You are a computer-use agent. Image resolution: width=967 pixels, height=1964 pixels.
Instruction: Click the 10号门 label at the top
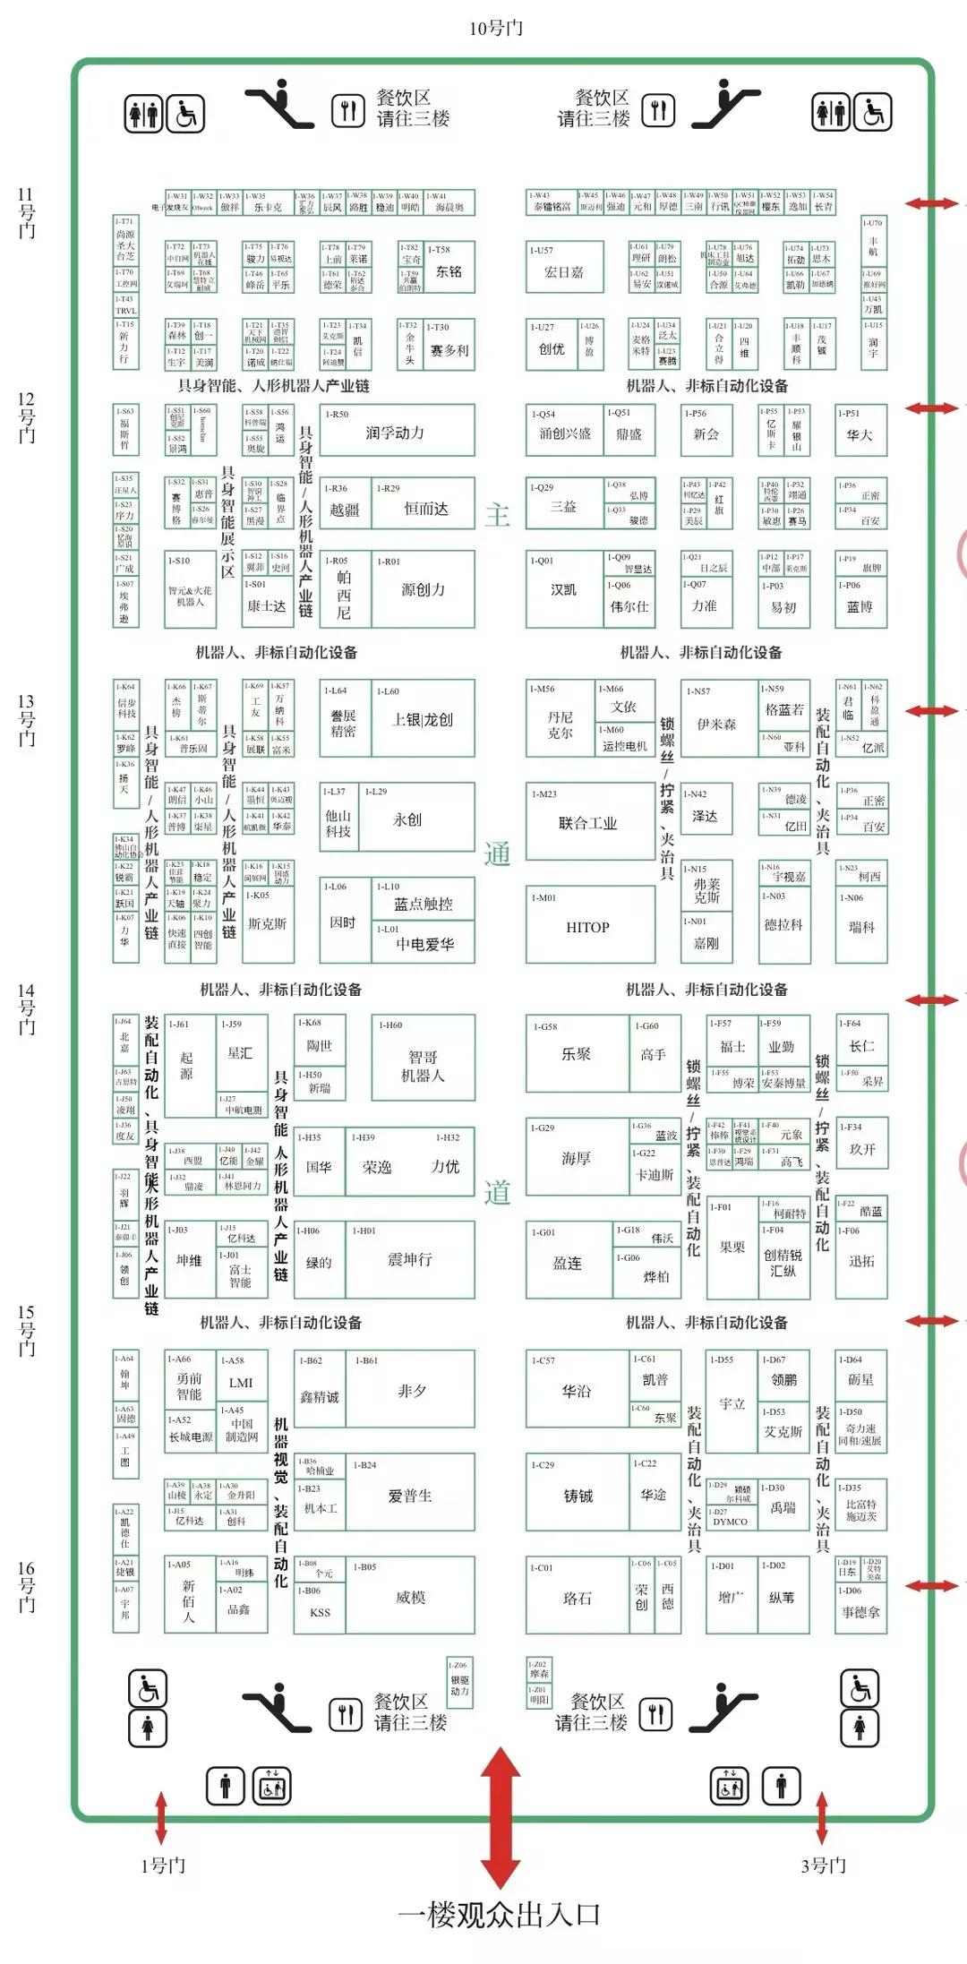point(495,29)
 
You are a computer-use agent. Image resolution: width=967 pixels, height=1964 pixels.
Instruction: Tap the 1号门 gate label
point(163,1865)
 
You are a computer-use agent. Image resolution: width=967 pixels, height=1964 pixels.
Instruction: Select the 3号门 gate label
point(823,1865)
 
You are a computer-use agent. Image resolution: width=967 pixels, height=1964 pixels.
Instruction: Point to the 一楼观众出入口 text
point(499,1914)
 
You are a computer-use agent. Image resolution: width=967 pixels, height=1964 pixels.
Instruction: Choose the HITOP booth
point(587,928)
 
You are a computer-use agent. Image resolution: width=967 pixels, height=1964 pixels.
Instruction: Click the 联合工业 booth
point(587,823)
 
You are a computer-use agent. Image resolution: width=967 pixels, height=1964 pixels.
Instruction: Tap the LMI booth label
point(241,1383)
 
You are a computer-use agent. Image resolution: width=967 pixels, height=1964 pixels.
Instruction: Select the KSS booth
point(320,1612)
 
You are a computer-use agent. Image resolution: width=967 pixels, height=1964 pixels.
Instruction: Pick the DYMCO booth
point(730,1522)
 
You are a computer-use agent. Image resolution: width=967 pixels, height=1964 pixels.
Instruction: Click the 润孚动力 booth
point(395,433)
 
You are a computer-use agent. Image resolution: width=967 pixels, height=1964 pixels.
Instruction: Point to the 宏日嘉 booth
point(564,271)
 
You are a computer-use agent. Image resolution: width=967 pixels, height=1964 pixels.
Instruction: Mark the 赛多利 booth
point(449,350)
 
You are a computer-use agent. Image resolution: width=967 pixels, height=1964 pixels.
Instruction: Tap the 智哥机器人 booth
point(423,1066)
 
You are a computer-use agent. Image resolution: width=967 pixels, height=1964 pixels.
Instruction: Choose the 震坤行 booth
point(410,1259)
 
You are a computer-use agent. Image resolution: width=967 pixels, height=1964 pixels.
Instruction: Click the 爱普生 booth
point(410,1496)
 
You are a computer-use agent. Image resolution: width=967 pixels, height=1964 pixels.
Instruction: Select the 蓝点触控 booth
point(424,905)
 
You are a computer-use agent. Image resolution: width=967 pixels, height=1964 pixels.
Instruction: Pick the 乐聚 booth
point(576,1054)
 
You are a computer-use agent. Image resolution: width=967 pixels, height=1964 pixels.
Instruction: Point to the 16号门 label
point(27,1586)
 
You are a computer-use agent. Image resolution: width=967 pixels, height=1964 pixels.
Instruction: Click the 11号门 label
point(26,212)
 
